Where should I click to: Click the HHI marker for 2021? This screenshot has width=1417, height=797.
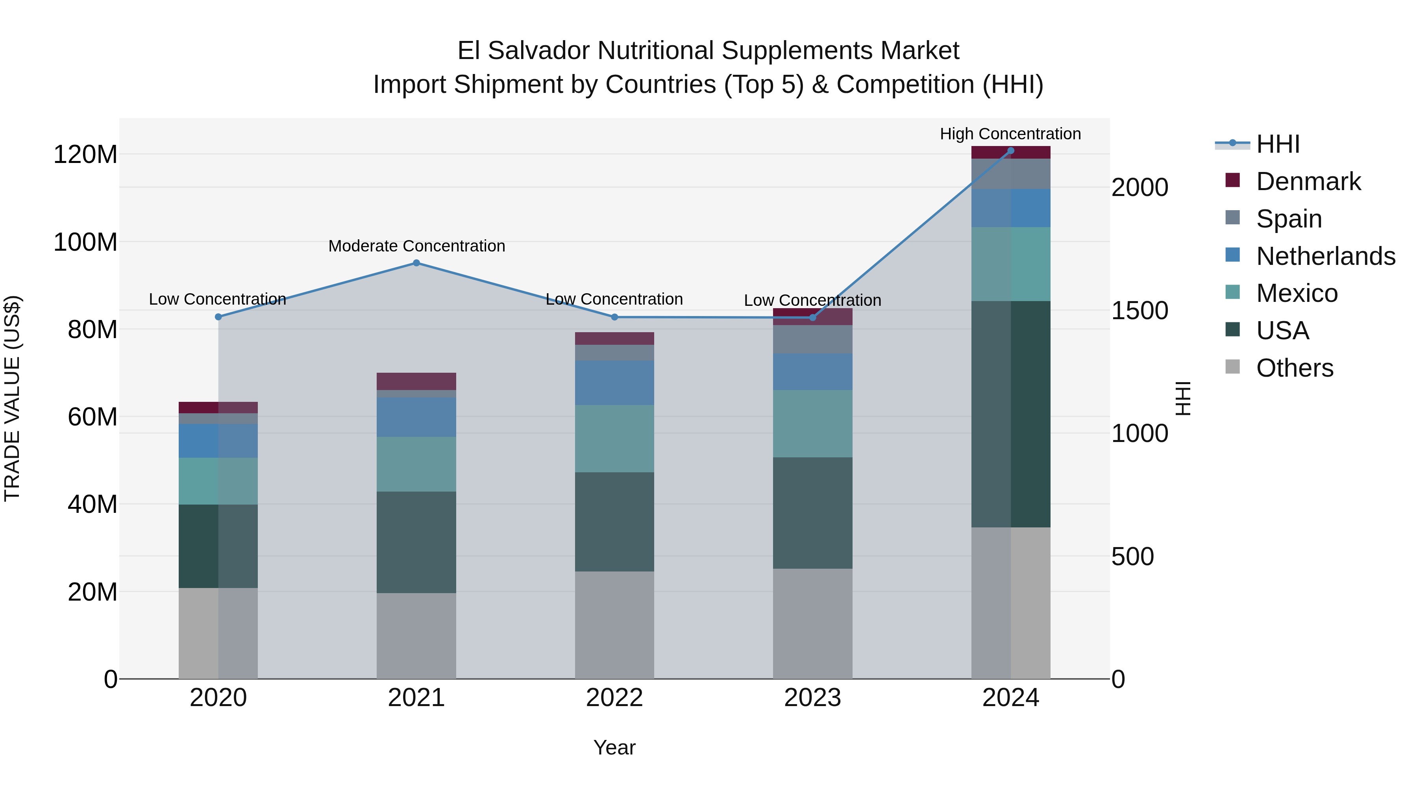(x=416, y=263)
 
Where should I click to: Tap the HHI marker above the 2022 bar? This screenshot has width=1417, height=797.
(x=614, y=317)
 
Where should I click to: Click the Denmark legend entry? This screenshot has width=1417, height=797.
(x=1308, y=181)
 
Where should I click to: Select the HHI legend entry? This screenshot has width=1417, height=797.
(x=1277, y=144)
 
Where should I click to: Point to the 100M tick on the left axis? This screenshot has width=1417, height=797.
(x=85, y=242)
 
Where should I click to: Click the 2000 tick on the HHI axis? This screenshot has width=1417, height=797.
(x=1139, y=188)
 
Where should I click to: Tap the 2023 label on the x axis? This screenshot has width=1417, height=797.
(x=812, y=698)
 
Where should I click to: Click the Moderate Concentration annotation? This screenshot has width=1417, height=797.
(x=416, y=246)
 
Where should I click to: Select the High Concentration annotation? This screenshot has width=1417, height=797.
(x=1010, y=134)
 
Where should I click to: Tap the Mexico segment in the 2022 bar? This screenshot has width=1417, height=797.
(x=614, y=438)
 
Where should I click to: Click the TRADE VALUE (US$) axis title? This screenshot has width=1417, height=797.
(x=12, y=398)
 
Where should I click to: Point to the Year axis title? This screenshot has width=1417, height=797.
(x=614, y=747)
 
